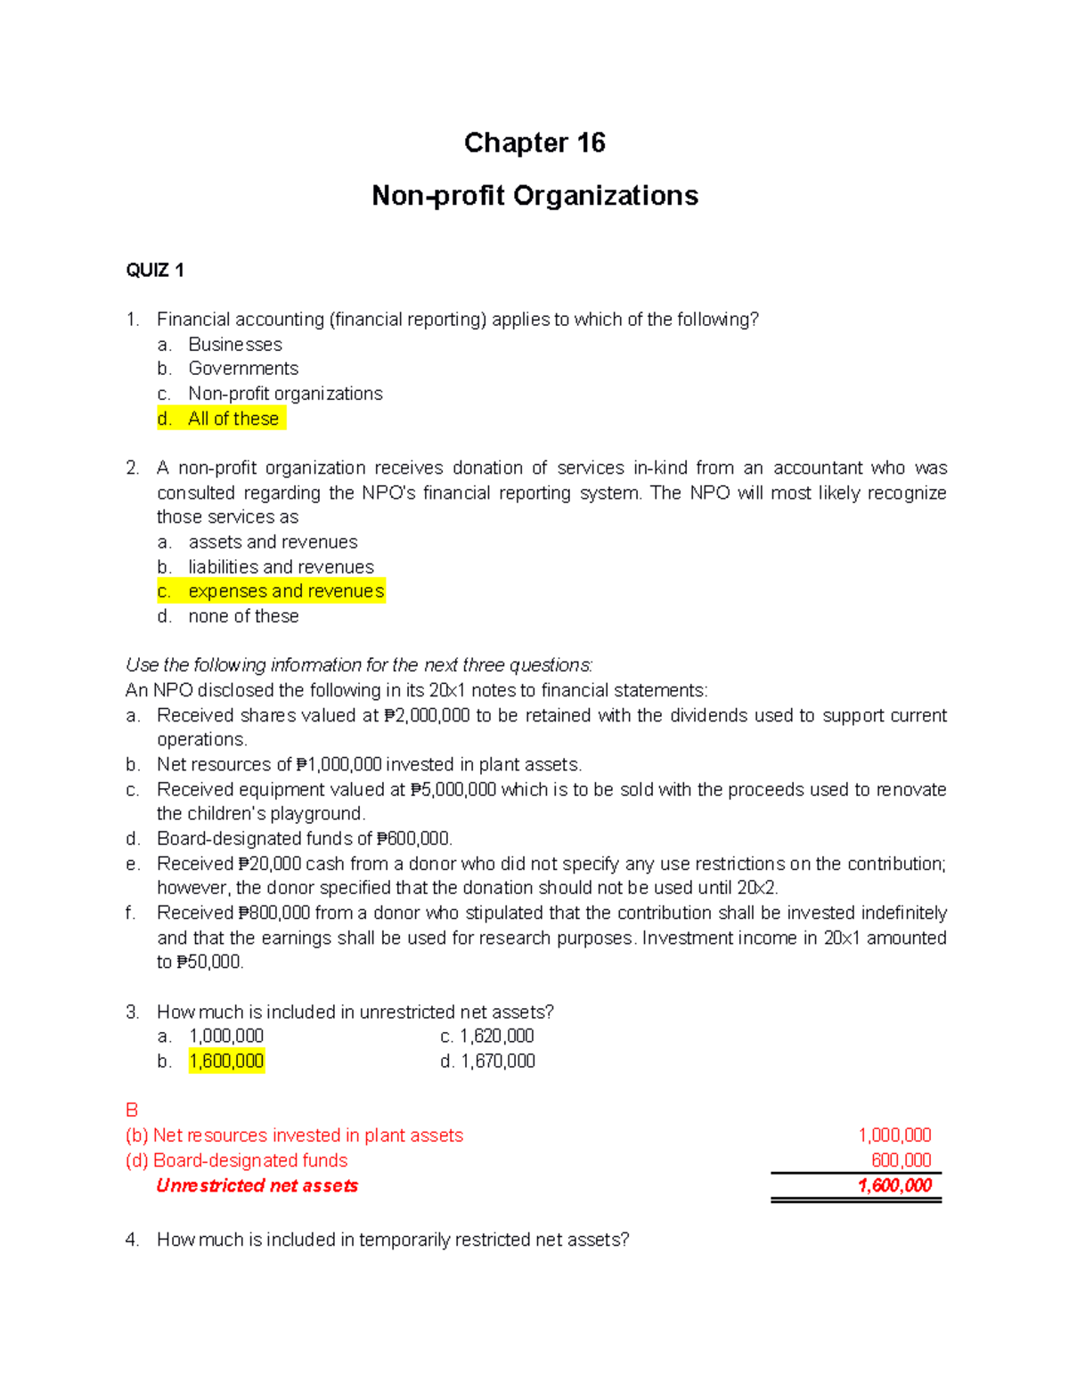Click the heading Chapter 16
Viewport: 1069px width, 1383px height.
534,143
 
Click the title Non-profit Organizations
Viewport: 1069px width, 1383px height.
534,196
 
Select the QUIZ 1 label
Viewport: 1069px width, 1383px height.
155,271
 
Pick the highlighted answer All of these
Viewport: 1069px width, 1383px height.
233,419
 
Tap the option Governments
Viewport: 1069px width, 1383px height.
242,369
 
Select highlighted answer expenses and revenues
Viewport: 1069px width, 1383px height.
285,591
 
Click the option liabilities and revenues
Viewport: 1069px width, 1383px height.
281,567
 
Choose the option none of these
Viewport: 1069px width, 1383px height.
243,616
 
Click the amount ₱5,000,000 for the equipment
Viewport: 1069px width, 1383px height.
453,790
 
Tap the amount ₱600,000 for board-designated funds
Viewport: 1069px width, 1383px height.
414,839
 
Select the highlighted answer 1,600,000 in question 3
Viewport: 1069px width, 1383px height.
226,1062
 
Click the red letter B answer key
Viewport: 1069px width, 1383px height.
132,1110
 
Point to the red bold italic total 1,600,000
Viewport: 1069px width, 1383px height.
894,1185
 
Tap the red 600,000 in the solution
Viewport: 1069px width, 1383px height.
901,1160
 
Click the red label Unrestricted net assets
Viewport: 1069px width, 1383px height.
257,1186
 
